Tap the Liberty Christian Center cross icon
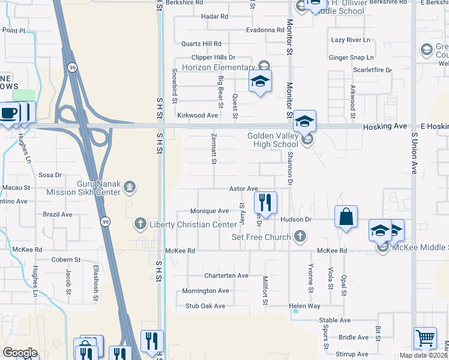(x=140, y=224)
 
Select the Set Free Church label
(x=262, y=237)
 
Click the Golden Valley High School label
(x=273, y=140)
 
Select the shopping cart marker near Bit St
(x=425, y=338)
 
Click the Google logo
(x=20, y=353)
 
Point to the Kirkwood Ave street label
(x=197, y=115)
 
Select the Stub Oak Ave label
(x=205, y=306)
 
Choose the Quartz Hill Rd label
(x=202, y=44)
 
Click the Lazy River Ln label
(x=351, y=40)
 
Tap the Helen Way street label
(x=304, y=306)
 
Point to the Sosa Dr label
(x=50, y=175)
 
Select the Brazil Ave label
(x=58, y=214)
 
